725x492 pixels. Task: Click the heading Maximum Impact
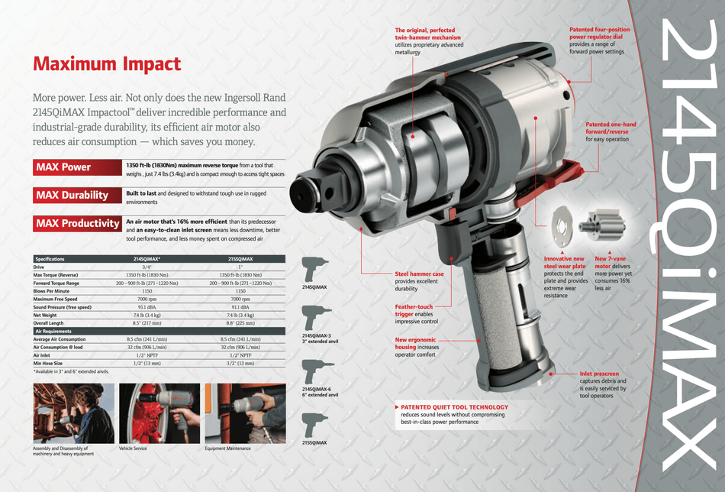coord(107,64)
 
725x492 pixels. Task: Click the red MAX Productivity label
coord(78,223)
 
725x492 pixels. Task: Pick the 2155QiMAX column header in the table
coord(240,259)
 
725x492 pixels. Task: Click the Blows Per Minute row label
coord(52,291)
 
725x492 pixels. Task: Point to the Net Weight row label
coord(45,315)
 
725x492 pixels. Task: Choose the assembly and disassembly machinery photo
coord(73,413)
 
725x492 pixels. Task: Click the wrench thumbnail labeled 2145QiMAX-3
coord(315,316)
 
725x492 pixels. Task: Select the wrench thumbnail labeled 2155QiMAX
coord(315,425)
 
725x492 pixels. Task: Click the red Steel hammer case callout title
coord(419,274)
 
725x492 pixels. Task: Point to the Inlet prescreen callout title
coord(599,374)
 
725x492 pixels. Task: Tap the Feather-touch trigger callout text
coord(414,310)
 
